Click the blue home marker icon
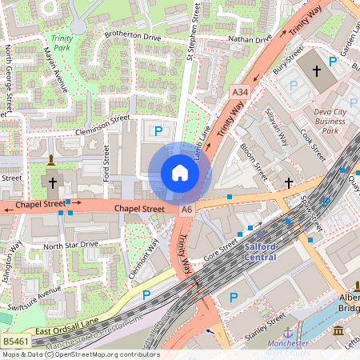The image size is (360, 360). pyautogui.click(x=180, y=172)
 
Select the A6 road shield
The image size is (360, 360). pyautogui.click(x=186, y=209)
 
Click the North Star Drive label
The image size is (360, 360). pyautogui.click(x=70, y=244)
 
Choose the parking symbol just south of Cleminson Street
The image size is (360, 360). pyautogui.click(x=158, y=129)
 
